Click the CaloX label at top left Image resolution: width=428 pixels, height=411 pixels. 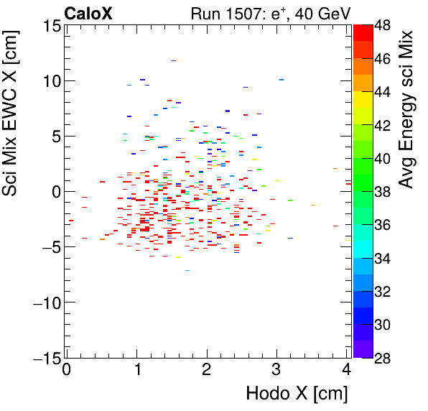click(x=87, y=12)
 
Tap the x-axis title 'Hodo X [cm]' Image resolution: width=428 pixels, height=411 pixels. click(x=297, y=394)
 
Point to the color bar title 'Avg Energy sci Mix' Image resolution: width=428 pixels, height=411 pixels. click(x=407, y=109)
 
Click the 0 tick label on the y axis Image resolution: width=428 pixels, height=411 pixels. click(x=54, y=192)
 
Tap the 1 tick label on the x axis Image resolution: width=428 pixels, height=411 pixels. click(x=136, y=370)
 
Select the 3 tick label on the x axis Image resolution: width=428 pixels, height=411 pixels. click(x=277, y=370)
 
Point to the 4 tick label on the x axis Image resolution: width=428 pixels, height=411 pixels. click(x=347, y=370)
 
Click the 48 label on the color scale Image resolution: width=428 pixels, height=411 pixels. click(x=383, y=24)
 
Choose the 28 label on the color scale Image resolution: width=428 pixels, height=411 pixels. click(x=383, y=357)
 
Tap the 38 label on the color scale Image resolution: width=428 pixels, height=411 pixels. click(x=383, y=191)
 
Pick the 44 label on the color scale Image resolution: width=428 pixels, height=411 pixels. click(x=383, y=91)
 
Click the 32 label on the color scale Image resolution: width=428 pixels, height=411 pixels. click(x=383, y=291)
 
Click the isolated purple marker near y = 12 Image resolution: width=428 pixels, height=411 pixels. click(x=173, y=61)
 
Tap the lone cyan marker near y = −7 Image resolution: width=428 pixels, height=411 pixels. click(x=187, y=271)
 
